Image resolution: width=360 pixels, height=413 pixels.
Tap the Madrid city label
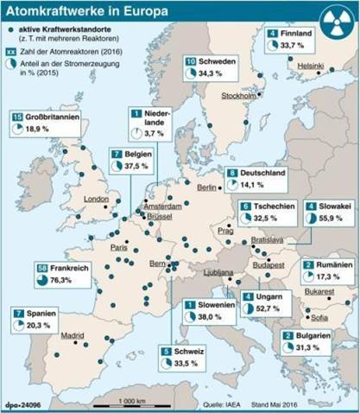pos(73,335)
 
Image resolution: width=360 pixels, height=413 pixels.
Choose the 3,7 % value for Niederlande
pos(155,134)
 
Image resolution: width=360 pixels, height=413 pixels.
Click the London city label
pos(97,199)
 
